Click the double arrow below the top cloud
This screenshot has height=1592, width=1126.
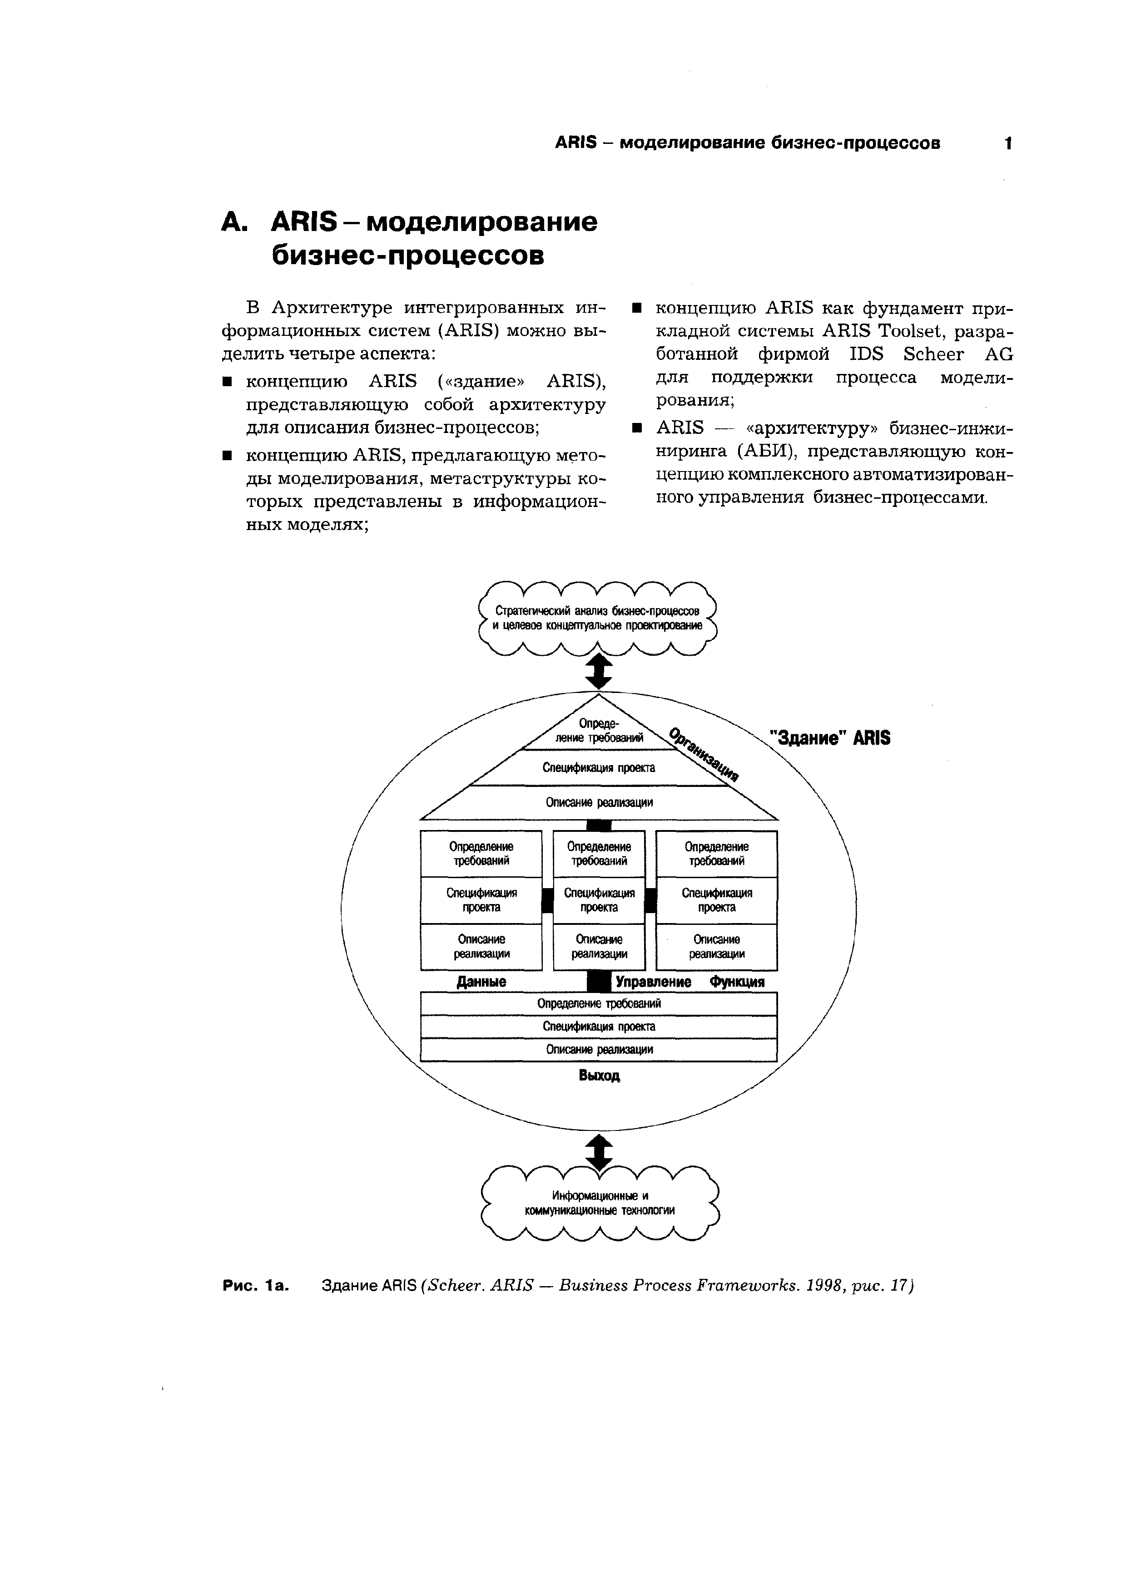600,673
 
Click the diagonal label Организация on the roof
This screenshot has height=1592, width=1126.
704,754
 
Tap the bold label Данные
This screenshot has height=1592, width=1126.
481,982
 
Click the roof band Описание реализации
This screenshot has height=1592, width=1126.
599,802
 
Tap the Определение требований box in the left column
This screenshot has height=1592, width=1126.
481,854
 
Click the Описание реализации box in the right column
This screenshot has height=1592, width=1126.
717,947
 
